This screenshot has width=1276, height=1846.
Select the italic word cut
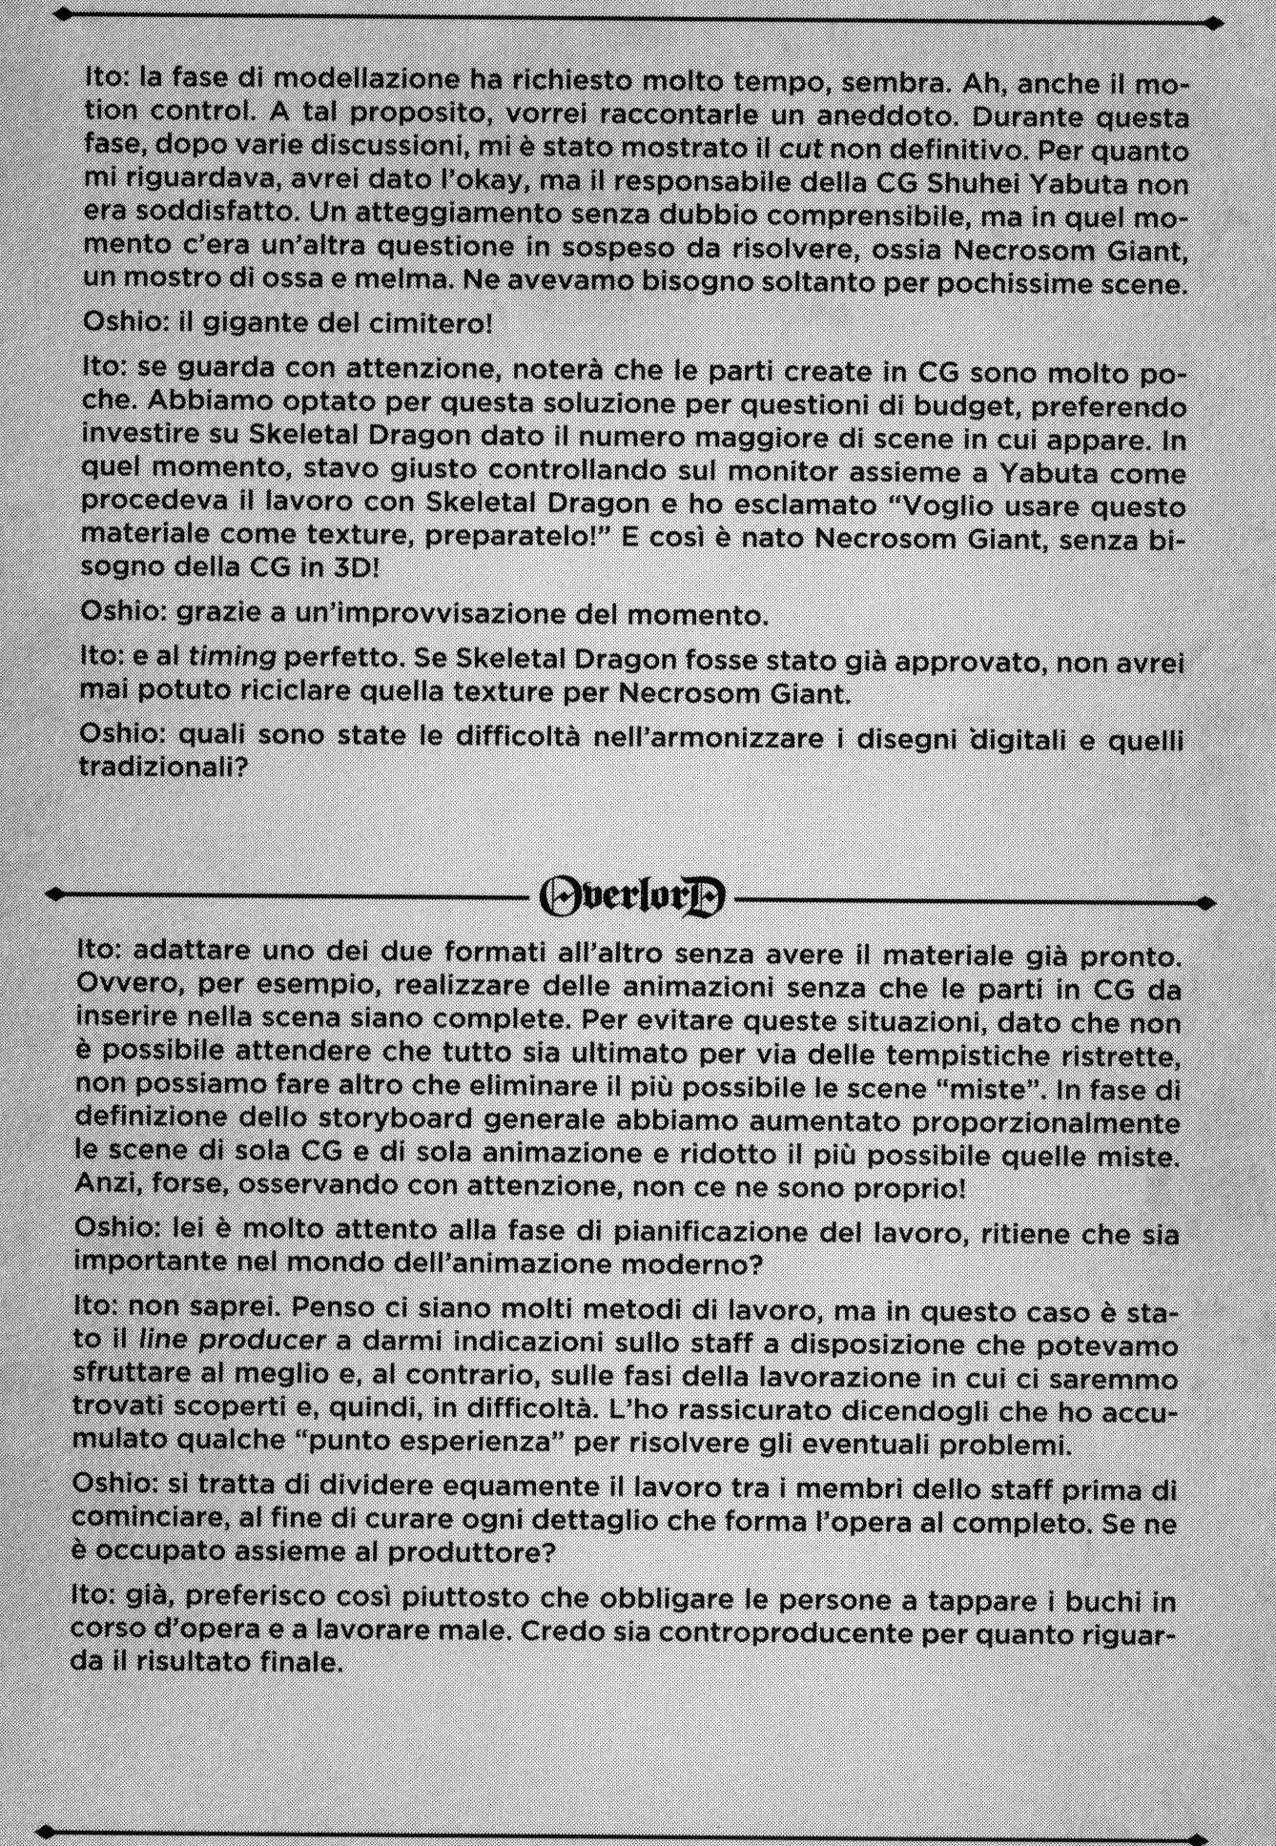tap(800, 149)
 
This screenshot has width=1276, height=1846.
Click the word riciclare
tap(322, 693)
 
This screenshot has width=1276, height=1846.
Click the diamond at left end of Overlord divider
tap(54, 894)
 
